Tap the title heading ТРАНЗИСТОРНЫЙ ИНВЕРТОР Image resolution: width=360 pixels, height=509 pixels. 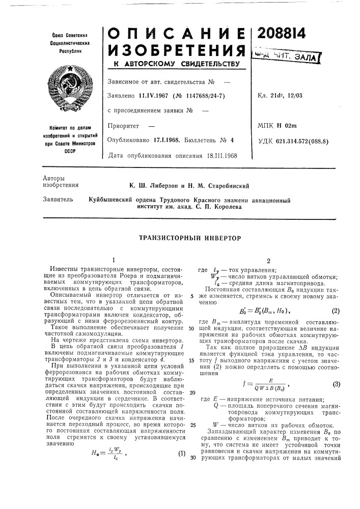189,238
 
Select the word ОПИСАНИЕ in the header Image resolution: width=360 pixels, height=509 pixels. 177,32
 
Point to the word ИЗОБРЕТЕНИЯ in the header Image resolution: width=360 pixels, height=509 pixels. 177,51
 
